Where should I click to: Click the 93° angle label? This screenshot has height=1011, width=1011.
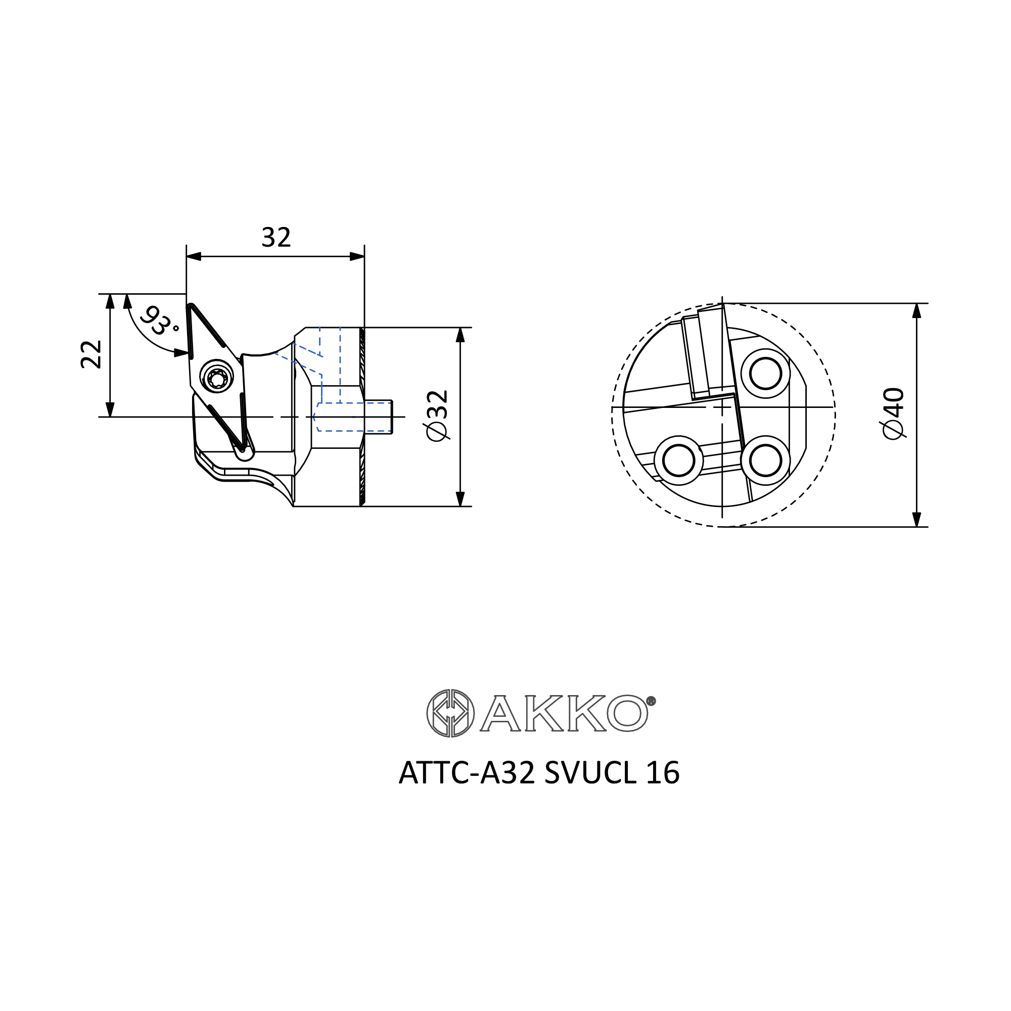pyautogui.click(x=160, y=321)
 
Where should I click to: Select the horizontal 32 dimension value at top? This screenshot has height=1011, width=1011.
pyautogui.click(x=276, y=238)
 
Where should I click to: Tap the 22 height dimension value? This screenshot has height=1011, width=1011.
pyautogui.click(x=91, y=354)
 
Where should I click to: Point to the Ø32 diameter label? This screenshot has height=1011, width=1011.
pyautogui.click(x=437, y=416)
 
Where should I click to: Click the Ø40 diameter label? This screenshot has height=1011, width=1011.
pyautogui.click(x=894, y=413)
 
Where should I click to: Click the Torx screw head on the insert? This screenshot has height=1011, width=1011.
pyautogui.click(x=217, y=377)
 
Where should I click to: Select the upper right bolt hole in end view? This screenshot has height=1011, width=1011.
pyautogui.click(x=765, y=374)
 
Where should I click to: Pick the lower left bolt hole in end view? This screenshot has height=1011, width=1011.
pyautogui.click(x=678, y=461)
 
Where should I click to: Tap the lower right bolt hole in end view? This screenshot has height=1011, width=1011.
pyautogui.click(x=765, y=461)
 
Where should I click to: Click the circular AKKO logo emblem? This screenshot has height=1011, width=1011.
pyautogui.click(x=450, y=713)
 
